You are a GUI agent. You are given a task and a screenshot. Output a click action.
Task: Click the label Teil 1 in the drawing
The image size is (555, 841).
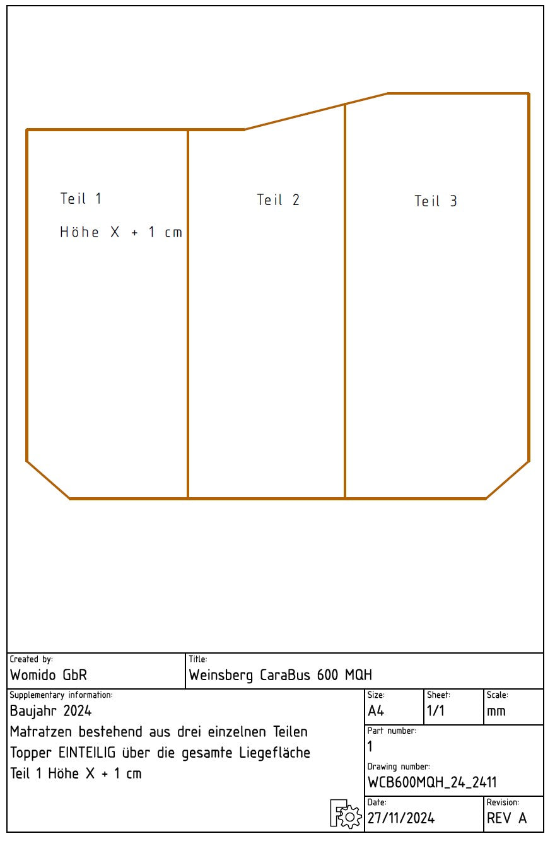tap(81, 199)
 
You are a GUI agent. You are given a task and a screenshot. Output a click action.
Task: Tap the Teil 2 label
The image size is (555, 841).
tap(278, 200)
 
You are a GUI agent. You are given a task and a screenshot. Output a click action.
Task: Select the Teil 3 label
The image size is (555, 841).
tap(436, 201)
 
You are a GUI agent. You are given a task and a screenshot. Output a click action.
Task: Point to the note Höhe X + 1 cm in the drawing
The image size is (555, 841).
tap(121, 232)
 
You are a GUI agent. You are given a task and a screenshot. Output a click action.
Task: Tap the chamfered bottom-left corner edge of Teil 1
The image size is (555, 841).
tap(48, 480)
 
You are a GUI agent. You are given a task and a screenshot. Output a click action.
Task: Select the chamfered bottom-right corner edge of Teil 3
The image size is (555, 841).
tap(507, 480)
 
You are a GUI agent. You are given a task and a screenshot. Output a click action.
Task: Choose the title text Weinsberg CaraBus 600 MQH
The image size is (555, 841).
tap(281, 676)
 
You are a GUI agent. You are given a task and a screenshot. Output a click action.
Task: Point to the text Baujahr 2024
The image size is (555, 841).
tap(51, 711)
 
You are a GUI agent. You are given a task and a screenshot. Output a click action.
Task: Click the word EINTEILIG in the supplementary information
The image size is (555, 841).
tap(87, 753)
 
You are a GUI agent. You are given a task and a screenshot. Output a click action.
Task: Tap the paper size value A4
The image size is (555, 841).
tap(376, 711)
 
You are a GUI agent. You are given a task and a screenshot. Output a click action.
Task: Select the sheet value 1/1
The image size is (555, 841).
tap(436, 711)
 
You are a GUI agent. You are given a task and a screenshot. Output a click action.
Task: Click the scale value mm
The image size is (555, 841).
tap(496, 711)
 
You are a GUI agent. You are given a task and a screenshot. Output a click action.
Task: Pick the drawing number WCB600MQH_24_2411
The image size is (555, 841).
tap(432, 782)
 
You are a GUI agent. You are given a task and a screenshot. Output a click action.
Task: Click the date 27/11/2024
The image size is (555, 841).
tap(401, 818)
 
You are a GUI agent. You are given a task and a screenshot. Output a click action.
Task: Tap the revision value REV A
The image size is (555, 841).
tap(506, 818)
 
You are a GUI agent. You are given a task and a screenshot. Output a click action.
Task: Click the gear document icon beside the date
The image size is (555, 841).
tap(346, 814)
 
